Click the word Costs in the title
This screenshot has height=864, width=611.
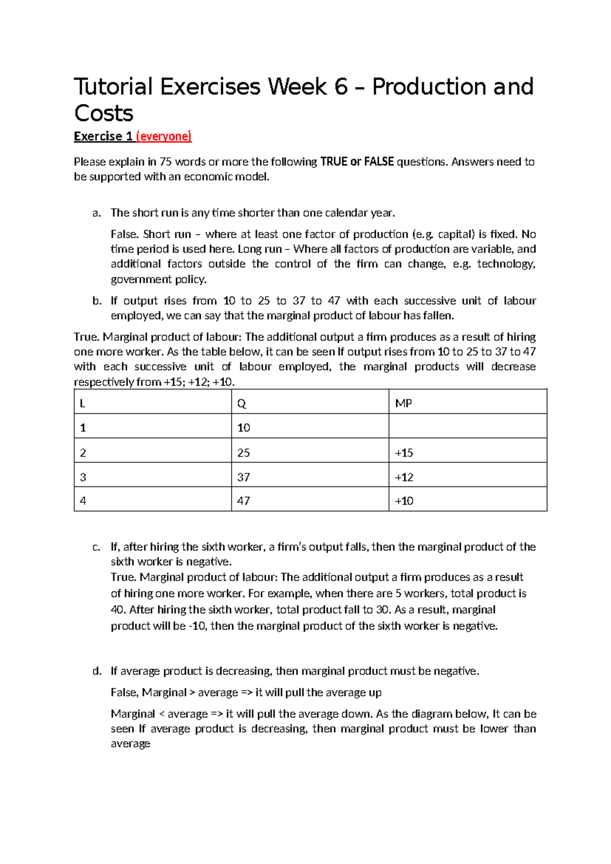click(104, 114)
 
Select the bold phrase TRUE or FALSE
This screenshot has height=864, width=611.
click(357, 162)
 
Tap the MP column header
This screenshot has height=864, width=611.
click(403, 403)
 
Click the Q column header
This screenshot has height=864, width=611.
click(241, 403)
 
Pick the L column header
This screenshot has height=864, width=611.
click(82, 403)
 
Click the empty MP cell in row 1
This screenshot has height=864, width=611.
click(467, 427)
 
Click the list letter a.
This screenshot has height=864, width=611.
click(96, 213)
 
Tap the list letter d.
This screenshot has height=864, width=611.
click(97, 671)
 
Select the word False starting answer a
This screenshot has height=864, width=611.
click(124, 234)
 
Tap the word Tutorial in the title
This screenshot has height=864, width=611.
click(113, 87)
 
